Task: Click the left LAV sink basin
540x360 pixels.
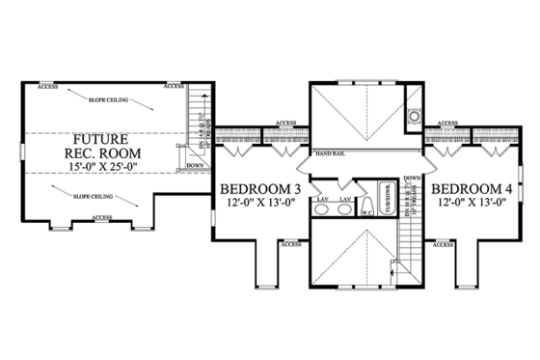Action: (319, 209)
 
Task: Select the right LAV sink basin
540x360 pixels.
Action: (344, 209)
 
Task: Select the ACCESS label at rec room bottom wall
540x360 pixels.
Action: (103, 218)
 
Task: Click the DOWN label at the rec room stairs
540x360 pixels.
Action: (194, 165)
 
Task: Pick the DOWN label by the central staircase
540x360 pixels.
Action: (412, 179)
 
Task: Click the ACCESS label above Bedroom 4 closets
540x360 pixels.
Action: (445, 124)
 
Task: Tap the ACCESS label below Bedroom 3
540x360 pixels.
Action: (289, 245)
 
